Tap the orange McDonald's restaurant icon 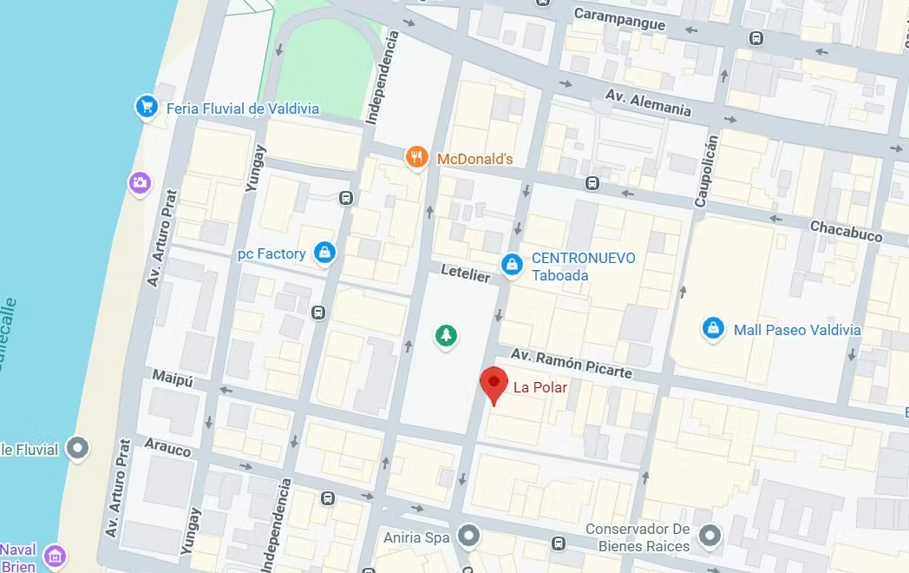click(x=417, y=157)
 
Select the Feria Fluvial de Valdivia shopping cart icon click(x=146, y=108)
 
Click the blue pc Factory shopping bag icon click(x=324, y=253)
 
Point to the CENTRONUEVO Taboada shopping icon click(x=513, y=262)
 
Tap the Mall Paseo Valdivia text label click(x=797, y=330)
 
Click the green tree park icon click(x=446, y=335)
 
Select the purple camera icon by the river click(x=139, y=182)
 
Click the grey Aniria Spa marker click(x=469, y=536)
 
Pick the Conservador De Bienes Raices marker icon click(x=710, y=535)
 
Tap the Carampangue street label click(x=619, y=19)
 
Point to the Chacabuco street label click(x=846, y=231)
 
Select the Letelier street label click(x=465, y=273)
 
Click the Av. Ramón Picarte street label click(x=571, y=363)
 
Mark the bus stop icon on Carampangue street click(x=757, y=38)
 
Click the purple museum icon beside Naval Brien click(x=55, y=555)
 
